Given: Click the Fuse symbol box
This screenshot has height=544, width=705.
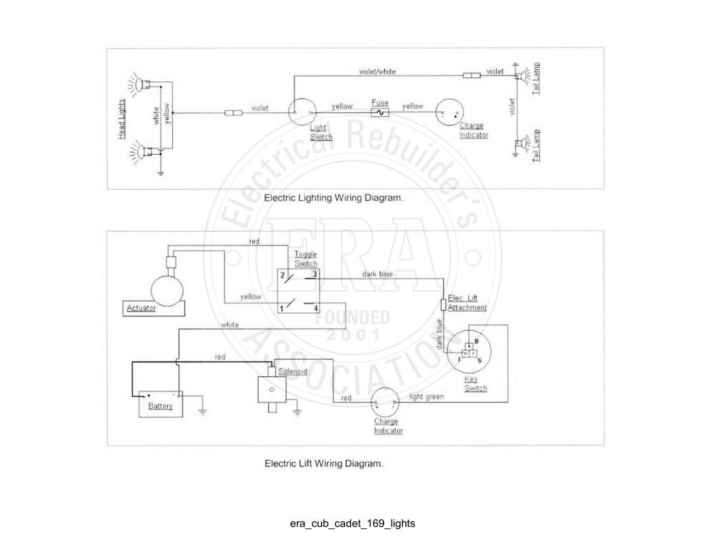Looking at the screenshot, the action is [x=380, y=113].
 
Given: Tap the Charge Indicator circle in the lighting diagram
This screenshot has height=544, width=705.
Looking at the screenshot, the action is [x=450, y=112].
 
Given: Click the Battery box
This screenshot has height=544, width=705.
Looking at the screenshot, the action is [x=160, y=404].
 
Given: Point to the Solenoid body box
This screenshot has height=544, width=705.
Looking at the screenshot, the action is [x=271, y=389].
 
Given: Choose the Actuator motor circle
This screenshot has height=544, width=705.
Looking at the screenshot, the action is [x=167, y=291].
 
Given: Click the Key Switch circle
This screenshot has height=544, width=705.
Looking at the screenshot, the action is [x=470, y=351].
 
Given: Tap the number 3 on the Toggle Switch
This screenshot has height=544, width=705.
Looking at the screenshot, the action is [x=315, y=274].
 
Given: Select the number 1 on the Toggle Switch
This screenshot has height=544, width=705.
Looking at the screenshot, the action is [x=282, y=309].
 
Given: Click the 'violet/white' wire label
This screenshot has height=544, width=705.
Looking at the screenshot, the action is [x=377, y=72].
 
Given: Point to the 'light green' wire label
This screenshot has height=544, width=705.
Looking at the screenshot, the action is [x=426, y=397].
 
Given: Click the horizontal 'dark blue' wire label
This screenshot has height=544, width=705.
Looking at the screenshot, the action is [x=378, y=274].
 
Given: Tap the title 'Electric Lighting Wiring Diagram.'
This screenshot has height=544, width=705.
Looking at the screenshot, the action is [x=334, y=197].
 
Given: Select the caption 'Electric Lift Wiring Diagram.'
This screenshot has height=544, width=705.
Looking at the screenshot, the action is [x=324, y=463].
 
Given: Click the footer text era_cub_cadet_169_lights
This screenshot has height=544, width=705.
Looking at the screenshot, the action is [x=352, y=523].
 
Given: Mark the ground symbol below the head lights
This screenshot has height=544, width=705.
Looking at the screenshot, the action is [x=160, y=173].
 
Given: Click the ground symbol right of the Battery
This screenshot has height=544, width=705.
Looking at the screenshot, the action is [x=203, y=411].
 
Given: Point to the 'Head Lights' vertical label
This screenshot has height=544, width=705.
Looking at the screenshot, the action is [x=122, y=119].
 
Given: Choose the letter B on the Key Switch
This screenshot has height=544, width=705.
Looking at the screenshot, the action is [x=476, y=341].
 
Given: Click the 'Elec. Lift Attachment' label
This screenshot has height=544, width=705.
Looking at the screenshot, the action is [x=467, y=303].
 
